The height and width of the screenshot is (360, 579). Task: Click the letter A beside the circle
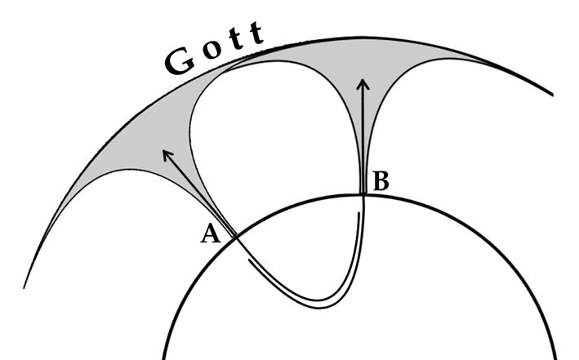point(211,234)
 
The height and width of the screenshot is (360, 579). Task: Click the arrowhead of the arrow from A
point(166,153)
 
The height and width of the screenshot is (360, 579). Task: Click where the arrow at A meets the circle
point(234,237)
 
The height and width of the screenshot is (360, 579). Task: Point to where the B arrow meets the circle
point(363,194)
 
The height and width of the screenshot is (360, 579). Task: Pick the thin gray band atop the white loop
point(269,51)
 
